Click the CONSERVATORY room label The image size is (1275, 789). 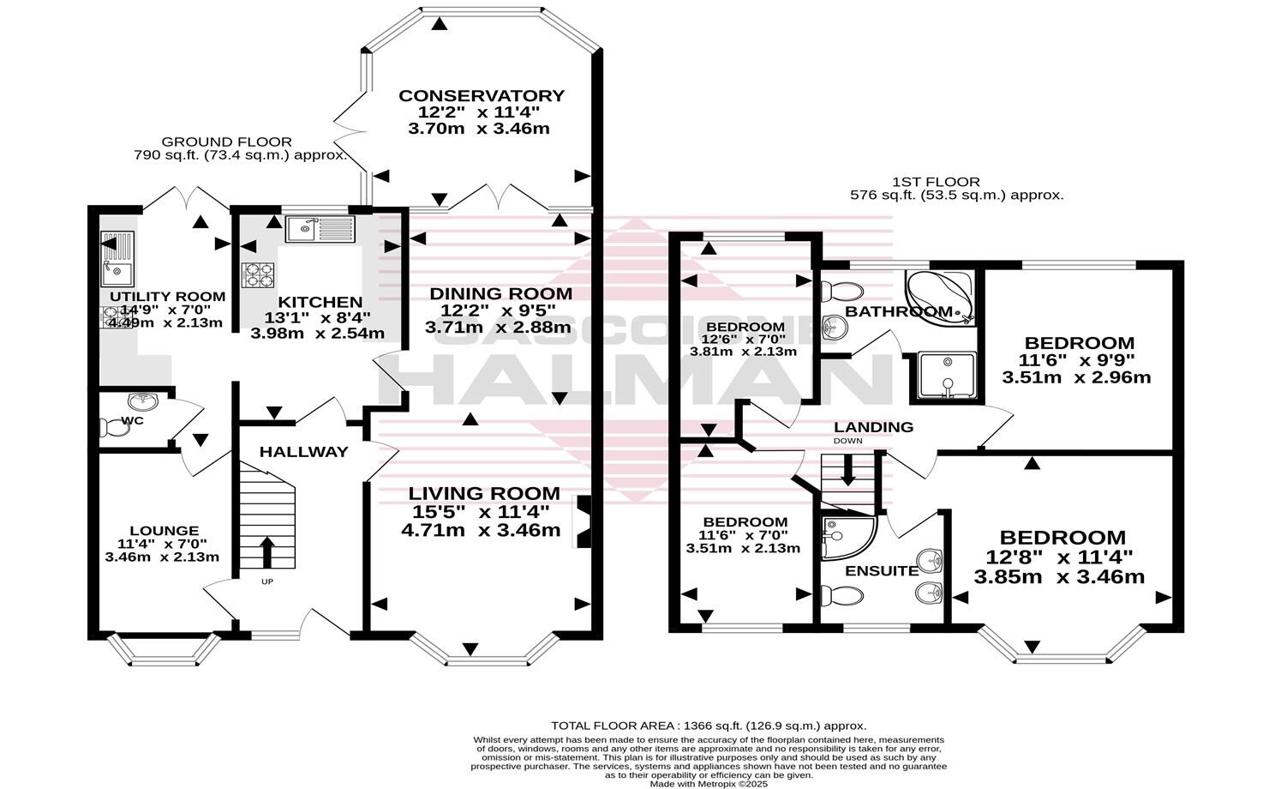click(481, 95)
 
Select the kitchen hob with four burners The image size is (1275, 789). click(259, 274)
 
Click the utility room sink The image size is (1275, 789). click(117, 259)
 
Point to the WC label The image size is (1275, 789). click(132, 420)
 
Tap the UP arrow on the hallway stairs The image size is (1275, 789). click(266, 552)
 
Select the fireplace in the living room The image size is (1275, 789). click(584, 521)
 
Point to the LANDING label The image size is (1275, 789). click(873, 426)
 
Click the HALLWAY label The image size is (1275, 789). click(304, 451)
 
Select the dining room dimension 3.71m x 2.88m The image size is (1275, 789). click(498, 327)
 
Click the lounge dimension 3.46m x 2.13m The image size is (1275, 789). click(162, 557)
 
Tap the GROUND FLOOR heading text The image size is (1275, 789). click(226, 142)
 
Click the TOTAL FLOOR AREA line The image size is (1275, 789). click(708, 726)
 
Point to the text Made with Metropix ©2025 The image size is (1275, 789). click(708, 783)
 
